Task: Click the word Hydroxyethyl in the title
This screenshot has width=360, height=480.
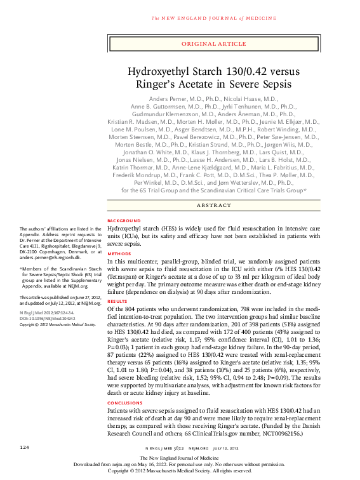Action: tap(159, 72)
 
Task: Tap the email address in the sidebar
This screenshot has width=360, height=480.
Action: tap(50, 259)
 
